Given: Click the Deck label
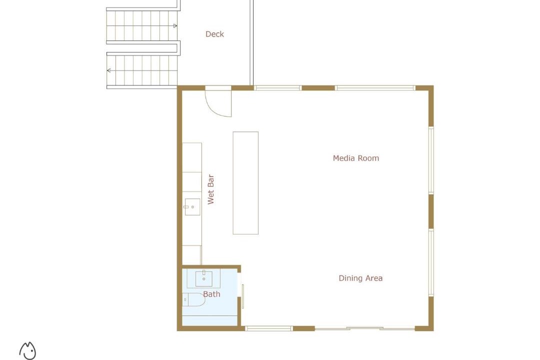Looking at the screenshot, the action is point(214,34).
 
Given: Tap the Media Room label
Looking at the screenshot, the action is point(356,158).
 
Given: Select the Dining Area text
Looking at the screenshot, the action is point(360,278).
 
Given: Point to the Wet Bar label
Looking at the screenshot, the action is point(211,189).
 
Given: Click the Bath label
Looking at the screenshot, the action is point(211,294).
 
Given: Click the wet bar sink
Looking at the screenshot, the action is point(192,207).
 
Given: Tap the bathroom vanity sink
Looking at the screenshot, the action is point(204,278).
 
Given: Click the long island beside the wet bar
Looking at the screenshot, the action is point(245,183).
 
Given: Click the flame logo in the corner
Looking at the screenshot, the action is point(27,350).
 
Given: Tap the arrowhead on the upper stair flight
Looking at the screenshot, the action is point(175,26).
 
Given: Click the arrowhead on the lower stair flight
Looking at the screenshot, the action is point(109,70).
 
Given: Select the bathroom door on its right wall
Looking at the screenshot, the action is point(243,296).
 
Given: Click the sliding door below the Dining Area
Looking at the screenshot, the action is point(364,328).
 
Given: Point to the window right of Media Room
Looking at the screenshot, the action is point(431,160).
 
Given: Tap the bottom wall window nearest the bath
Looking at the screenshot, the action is point(269,328).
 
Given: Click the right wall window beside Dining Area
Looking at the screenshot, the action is point(431,262).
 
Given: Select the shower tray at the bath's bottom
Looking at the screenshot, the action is point(209,320).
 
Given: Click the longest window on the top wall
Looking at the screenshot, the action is point(375,88).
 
